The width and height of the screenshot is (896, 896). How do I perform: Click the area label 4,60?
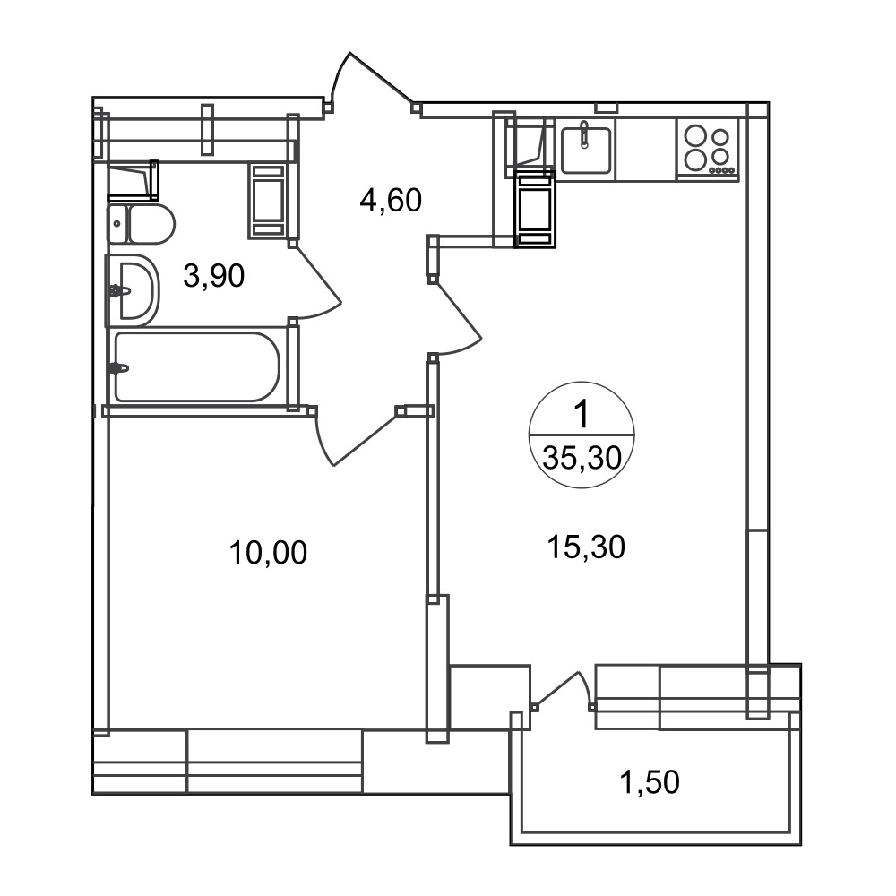click(391, 201)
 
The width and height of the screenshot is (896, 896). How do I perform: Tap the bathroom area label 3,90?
click(214, 275)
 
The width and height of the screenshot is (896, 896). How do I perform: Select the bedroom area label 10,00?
click(268, 553)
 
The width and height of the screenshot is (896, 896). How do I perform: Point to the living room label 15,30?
click(586, 547)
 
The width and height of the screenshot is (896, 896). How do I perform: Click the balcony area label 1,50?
click(650, 782)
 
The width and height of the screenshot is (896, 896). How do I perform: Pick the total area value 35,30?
click(582, 458)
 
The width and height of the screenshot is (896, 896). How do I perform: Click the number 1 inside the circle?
click(582, 414)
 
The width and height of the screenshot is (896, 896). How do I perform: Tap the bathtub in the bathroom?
click(197, 367)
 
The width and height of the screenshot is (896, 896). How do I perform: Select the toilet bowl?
click(142, 224)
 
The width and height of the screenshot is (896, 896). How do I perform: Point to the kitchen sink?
click(585, 150)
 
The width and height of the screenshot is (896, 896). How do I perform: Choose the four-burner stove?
click(708, 150)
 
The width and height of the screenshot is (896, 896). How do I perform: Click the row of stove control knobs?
click(721, 169)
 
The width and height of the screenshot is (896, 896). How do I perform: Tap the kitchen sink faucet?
click(583, 135)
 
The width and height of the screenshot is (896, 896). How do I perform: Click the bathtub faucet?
click(118, 368)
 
